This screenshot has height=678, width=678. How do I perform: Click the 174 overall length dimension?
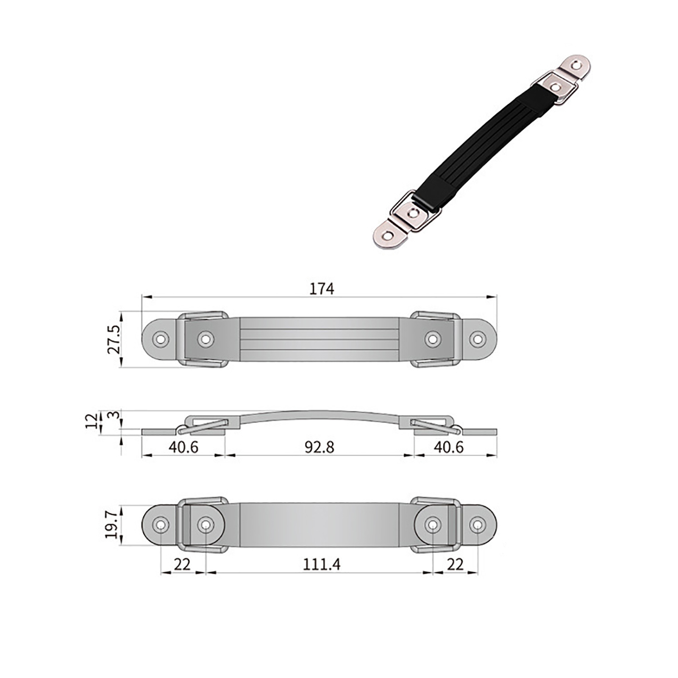pos(322,289)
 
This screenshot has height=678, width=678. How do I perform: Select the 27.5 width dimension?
pos(114,339)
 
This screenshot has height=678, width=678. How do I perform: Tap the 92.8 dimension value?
pos(320,447)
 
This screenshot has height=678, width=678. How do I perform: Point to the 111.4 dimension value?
pos(322,564)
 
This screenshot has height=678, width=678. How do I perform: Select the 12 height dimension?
pos(92,421)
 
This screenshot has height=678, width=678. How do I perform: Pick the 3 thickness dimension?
pos(114,414)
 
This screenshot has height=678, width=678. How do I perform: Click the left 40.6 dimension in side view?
pos(183,447)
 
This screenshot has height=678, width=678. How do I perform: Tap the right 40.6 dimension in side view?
pos(449,447)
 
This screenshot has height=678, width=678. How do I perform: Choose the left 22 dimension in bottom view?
pos(182,564)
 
